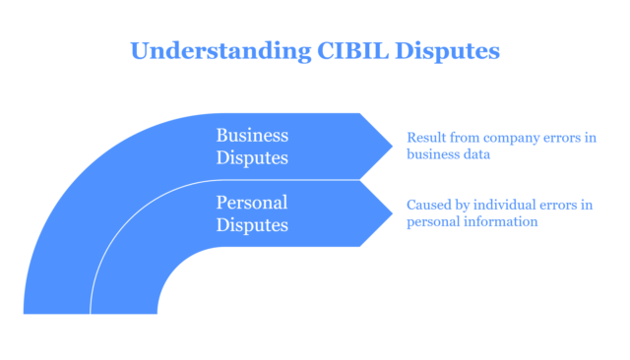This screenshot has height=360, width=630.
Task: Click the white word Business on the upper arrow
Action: (252, 135)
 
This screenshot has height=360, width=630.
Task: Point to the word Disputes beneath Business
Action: (252, 156)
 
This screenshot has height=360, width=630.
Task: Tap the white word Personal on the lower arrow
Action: (252, 203)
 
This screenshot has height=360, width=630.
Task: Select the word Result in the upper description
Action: (425, 137)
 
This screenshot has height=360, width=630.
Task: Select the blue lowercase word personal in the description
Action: (432, 222)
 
